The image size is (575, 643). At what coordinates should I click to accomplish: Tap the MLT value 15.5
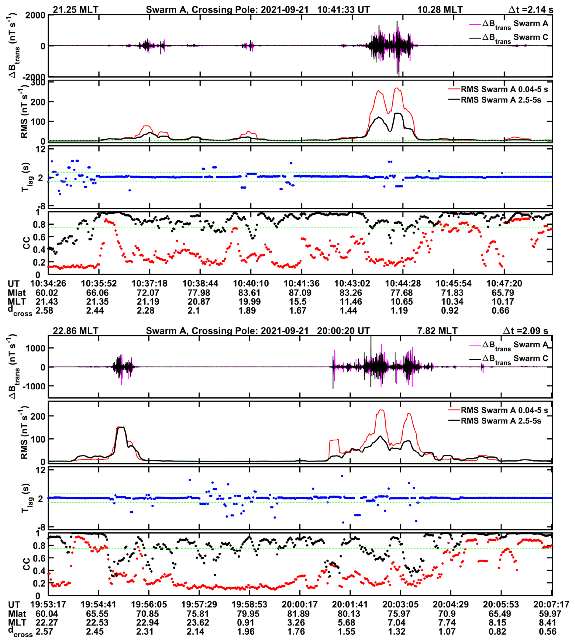(x=298, y=302)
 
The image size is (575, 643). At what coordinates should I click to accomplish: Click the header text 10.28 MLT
(x=440, y=9)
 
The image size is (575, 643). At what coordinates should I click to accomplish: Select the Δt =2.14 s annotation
(x=530, y=9)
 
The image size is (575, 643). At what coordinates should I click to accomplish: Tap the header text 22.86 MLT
(x=75, y=331)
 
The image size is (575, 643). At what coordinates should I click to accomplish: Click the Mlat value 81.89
(x=298, y=614)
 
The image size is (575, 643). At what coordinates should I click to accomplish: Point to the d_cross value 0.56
(x=548, y=632)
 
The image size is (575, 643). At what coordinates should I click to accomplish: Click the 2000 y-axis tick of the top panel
(x=35, y=15)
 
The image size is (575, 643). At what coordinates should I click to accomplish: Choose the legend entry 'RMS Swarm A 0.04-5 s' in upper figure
(x=504, y=89)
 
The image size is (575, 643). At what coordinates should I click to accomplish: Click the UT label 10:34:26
(x=48, y=283)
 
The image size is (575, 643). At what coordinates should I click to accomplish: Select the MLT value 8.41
(x=548, y=623)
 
